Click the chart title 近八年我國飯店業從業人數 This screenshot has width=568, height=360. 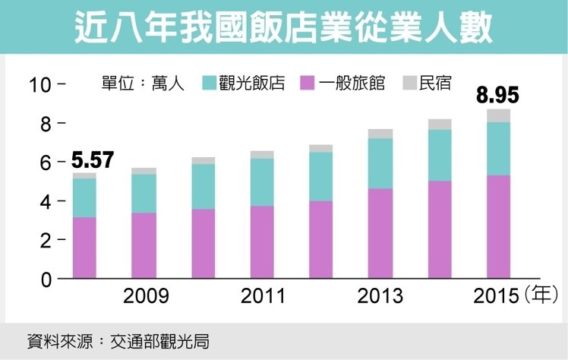[283, 27]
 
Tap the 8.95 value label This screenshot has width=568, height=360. [497, 96]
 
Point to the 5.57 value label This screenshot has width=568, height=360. [92, 160]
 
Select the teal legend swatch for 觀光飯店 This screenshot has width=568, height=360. [210, 83]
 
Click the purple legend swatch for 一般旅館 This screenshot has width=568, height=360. [308, 83]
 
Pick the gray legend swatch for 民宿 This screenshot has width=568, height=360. [408, 83]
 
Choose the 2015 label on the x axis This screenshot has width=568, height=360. [495, 295]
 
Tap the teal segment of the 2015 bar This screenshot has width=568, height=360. [497, 148]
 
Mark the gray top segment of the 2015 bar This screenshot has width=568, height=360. [497, 115]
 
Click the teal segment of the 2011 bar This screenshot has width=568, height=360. [261, 182]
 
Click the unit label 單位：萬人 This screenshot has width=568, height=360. [143, 83]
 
